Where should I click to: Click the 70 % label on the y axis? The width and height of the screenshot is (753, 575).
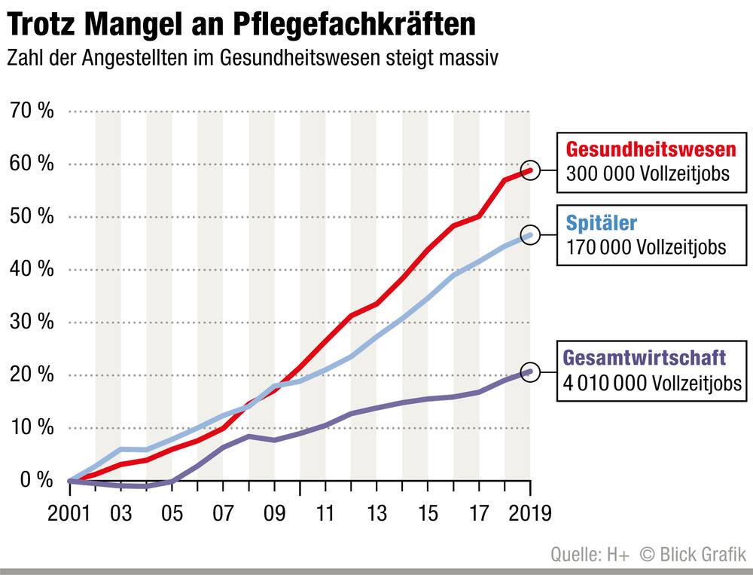(32, 112)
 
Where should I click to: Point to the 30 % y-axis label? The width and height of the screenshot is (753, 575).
(32, 322)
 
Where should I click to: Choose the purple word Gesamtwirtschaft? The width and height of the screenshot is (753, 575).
(645, 356)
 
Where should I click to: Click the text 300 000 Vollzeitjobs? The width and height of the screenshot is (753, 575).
(648, 173)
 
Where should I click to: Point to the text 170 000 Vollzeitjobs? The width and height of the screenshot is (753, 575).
(645, 247)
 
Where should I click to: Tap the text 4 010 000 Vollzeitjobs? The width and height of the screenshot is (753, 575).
(652, 383)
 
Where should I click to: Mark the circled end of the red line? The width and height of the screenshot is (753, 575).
(531, 170)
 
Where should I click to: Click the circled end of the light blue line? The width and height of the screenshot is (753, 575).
(531, 234)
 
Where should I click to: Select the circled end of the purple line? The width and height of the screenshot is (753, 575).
(531, 371)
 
